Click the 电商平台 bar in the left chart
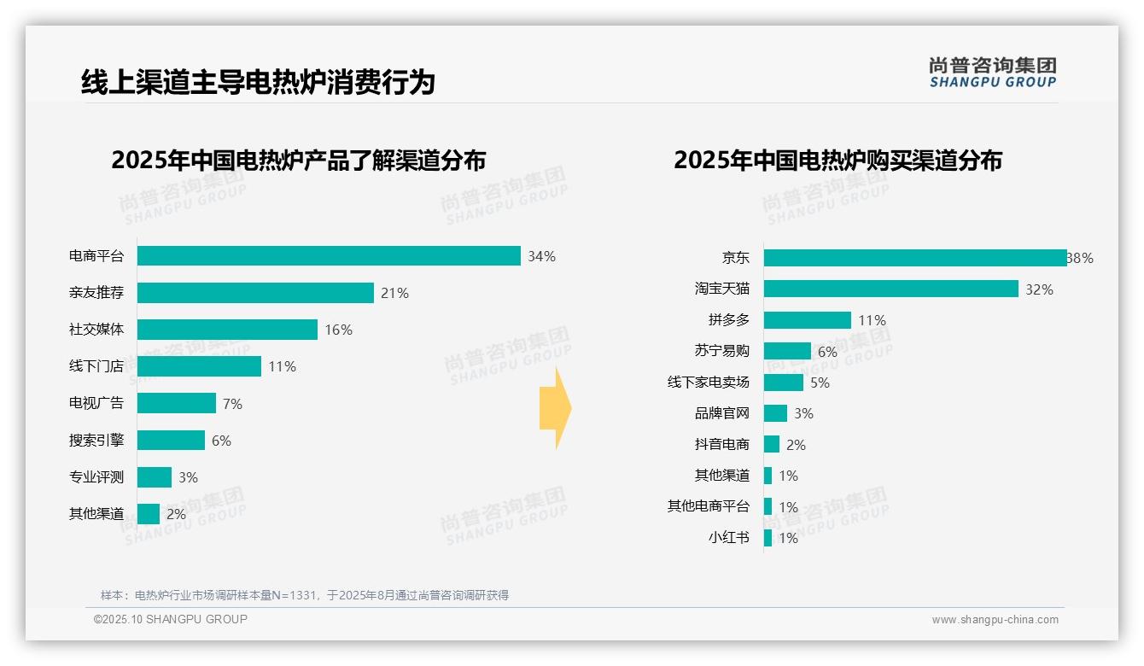point(329,256)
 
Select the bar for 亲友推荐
point(255,293)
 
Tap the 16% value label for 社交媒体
point(338,330)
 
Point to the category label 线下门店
point(96,366)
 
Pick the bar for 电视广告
point(177,403)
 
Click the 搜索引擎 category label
point(96,441)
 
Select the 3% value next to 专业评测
point(188,477)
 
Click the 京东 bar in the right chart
point(915,258)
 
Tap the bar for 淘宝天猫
point(890,289)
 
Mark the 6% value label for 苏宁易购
point(827,352)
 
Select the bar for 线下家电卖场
point(784,383)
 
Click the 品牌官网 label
point(721,413)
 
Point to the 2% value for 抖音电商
point(796,445)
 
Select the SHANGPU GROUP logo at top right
point(992,73)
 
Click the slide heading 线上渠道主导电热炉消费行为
point(258,82)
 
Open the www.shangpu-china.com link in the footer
point(995,620)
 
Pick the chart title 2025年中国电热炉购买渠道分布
point(838,161)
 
